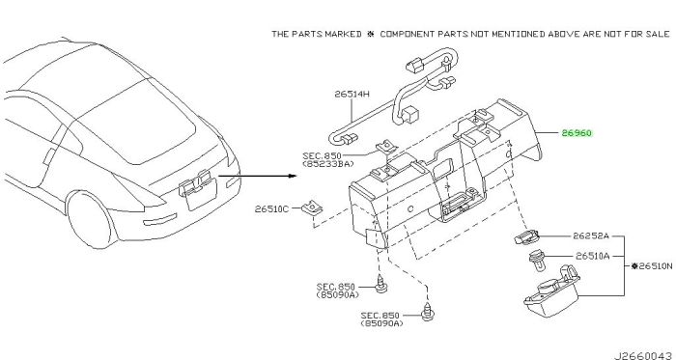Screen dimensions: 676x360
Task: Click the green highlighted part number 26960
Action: pos(577,133)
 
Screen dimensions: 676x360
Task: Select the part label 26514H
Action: pos(352,94)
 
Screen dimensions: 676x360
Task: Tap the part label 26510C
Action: pos(271,209)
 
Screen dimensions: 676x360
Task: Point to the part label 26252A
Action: pos(591,235)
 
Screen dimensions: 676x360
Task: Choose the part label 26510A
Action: pos(592,256)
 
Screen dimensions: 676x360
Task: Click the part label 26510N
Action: pos(656,266)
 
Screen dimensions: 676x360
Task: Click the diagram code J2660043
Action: pos(642,356)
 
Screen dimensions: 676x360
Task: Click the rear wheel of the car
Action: pos(92,220)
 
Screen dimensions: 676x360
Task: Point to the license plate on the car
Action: pos(201,195)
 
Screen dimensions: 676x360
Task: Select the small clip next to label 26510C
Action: pos(312,208)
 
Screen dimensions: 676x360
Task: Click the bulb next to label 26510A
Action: pos(537,261)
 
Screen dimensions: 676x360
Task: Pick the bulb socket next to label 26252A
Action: pos(527,236)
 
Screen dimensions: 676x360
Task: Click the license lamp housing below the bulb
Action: pos(551,291)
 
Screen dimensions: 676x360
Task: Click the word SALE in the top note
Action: pos(658,34)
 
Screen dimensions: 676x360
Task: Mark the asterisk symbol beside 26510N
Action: pos(634,266)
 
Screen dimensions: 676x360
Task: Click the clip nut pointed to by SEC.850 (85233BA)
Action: pos(387,149)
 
